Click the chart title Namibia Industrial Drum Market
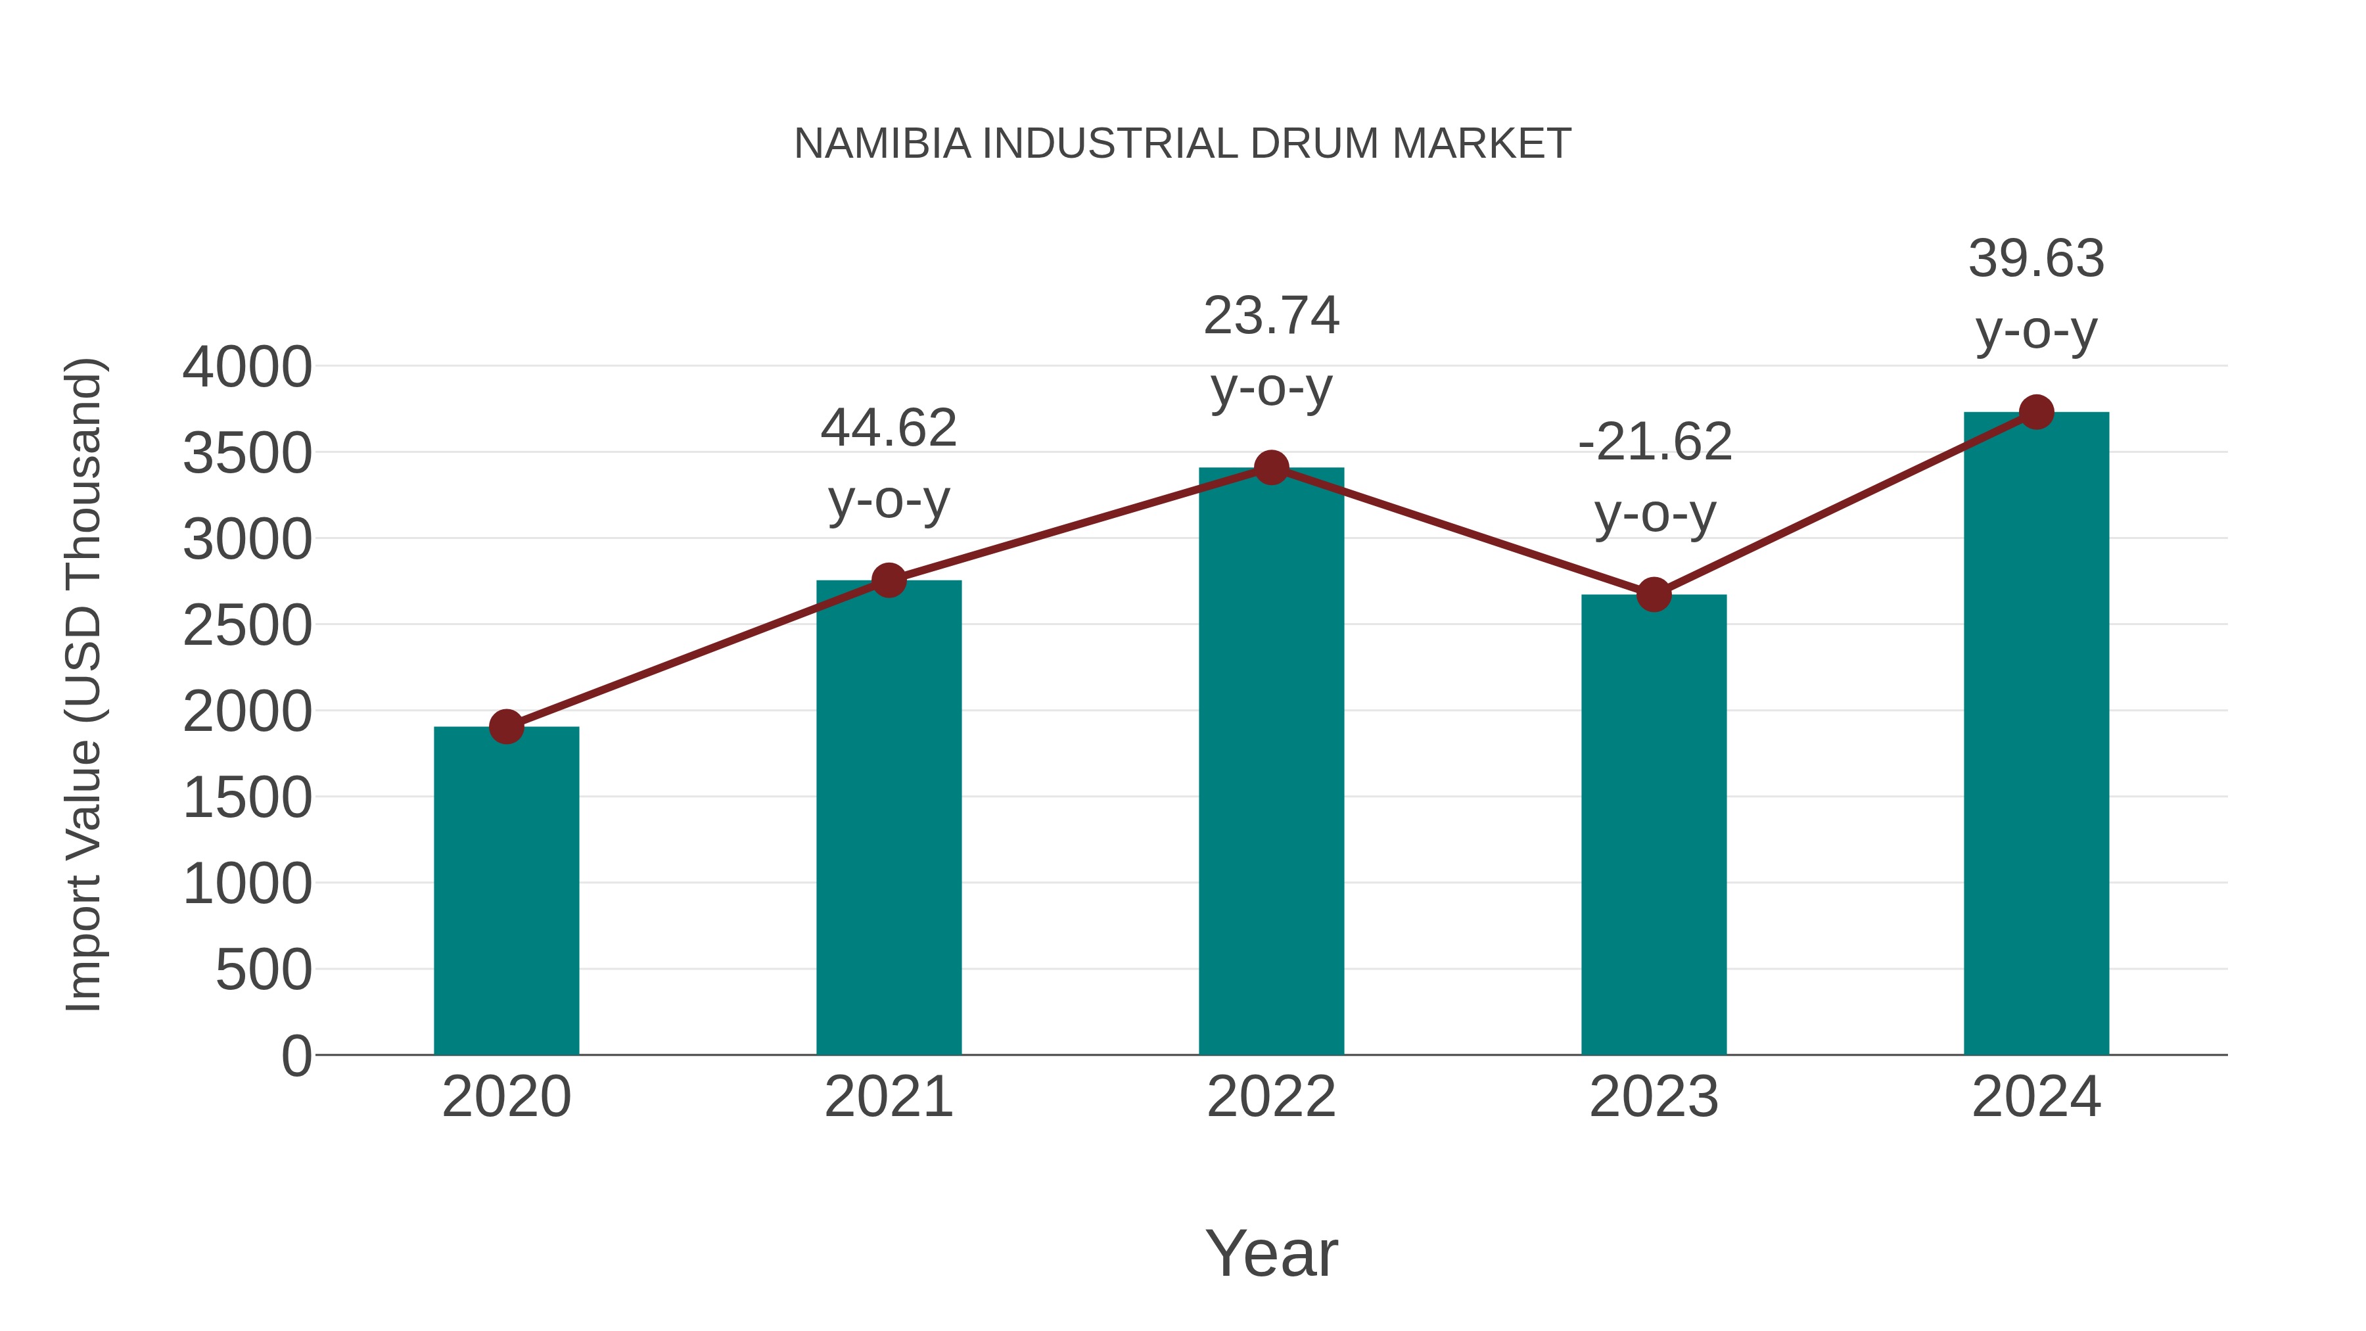(x=1182, y=144)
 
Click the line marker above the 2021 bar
(x=889, y=580)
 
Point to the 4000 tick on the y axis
(x=247, y=367)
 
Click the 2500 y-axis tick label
(x=247, y=626)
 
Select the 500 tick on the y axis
(x=264, y=970)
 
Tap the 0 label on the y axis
(x=296, y=1056)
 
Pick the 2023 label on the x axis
(x=1654, y=1097)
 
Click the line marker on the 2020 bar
(x=506, y=726)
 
